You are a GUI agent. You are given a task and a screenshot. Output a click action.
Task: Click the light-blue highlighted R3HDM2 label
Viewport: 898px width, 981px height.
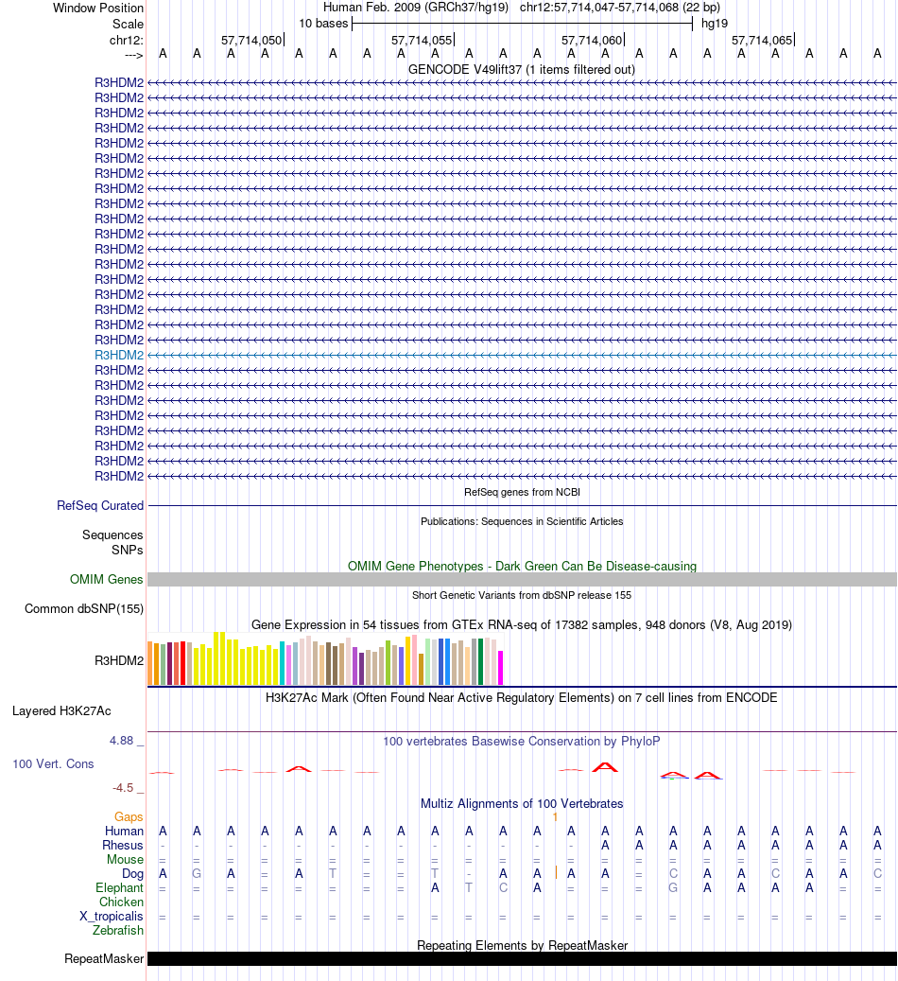click(x=119, y=355)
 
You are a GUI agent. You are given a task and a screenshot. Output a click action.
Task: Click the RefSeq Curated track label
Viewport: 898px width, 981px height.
click(x=100, y=506)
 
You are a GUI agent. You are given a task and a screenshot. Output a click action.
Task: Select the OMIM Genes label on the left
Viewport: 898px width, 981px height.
click(x=107, y=580)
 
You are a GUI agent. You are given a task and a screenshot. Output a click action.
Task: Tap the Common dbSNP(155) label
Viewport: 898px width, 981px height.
click(x=84, y=608)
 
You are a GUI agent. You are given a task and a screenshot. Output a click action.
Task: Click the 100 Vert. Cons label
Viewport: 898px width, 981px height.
click(x=53, y=763)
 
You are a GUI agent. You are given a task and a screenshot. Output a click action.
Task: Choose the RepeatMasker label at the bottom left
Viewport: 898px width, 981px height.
click(x=104, y=959)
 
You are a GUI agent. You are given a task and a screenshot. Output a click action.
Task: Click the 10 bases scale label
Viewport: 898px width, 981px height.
click(x=323, y=23)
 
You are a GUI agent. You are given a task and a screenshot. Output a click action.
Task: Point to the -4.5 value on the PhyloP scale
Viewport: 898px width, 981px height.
click(x=128, y=787)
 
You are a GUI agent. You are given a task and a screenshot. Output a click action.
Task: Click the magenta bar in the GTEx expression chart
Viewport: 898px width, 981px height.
click(x=500, y=667)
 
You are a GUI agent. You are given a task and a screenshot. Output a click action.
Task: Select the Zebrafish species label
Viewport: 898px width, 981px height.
click(x=118, y=931)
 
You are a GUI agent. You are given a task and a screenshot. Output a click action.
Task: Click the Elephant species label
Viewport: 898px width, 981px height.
click(x=119, y=888)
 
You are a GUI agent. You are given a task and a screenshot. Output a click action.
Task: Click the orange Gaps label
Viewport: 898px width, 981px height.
click(x=129, y=816)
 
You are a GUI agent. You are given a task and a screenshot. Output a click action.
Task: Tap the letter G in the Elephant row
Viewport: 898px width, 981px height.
click(x=673, y=888)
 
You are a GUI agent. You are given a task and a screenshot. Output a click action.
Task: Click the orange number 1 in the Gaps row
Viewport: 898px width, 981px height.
click(x=556, y=816)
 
